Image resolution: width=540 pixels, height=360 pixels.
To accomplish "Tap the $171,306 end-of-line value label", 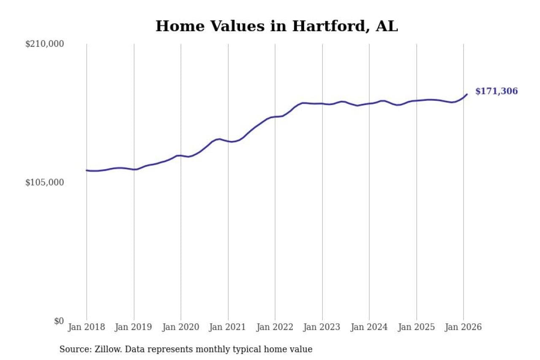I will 496,91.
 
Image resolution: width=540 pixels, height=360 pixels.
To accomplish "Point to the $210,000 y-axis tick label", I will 44,44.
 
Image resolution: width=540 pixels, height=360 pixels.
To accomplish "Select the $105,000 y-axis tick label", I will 44,182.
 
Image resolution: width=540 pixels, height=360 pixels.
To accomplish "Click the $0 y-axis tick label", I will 59,321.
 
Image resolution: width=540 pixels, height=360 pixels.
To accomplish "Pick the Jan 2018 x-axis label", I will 86,327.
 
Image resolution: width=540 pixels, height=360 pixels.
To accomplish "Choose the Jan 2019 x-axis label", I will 134,327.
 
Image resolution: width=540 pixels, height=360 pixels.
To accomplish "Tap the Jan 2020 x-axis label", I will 181,327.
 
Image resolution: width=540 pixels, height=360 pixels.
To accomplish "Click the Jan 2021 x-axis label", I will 228,327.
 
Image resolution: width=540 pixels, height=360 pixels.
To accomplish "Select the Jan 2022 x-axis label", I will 275,327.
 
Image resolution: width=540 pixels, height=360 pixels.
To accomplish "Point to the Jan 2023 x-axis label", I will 322,327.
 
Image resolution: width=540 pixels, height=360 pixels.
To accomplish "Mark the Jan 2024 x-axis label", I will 369,327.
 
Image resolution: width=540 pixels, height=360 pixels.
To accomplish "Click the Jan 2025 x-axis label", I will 416,327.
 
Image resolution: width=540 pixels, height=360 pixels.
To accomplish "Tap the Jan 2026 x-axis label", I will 463,327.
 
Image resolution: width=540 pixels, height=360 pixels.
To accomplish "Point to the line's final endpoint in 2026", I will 467,94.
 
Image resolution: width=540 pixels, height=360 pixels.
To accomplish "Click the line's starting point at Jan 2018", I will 86,171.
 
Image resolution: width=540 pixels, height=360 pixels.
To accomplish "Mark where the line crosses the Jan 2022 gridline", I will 275,116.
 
